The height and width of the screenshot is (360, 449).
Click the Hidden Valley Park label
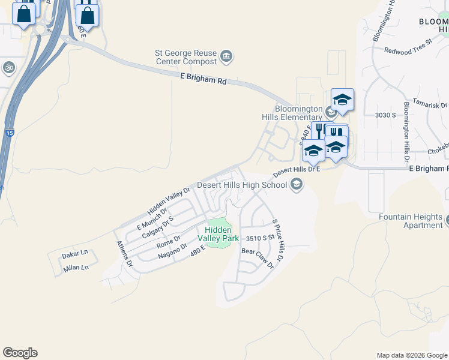221,234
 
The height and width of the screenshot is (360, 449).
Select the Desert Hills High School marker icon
296,185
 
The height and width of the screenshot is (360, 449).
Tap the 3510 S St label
260,238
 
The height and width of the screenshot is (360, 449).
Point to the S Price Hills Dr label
278,240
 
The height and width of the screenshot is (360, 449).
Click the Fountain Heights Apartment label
411,221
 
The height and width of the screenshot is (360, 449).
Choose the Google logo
20,353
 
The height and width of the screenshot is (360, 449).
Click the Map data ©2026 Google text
411,355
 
